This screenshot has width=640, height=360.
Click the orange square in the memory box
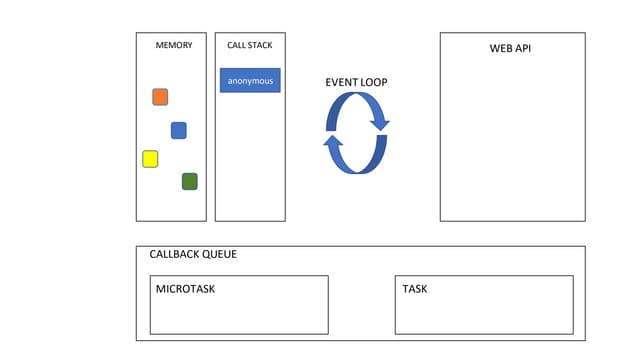click(x=160, y=97)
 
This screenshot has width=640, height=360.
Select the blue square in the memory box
click(x=179, y=130)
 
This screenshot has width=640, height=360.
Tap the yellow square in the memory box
click(x=150, y=159)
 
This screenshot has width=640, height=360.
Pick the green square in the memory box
click(x=189, y=181)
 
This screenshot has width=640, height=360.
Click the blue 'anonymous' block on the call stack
click(x=250, y=80)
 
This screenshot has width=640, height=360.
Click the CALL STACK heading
click(x=250, y=45)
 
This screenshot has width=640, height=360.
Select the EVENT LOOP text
click(x=356, y=81)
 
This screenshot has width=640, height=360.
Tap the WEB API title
click(x=510, y=47)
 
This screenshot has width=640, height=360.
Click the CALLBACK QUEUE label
click(x=193, y=254)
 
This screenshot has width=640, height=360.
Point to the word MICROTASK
click(x=186, y=289)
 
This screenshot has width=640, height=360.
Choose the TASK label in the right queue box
click(x=415, y=289)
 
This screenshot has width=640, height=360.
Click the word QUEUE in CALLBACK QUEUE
click(x=219, y=254)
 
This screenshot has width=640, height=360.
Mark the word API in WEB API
click(x=522, y=47)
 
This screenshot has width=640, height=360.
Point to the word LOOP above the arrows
click(x=372, y=81)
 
